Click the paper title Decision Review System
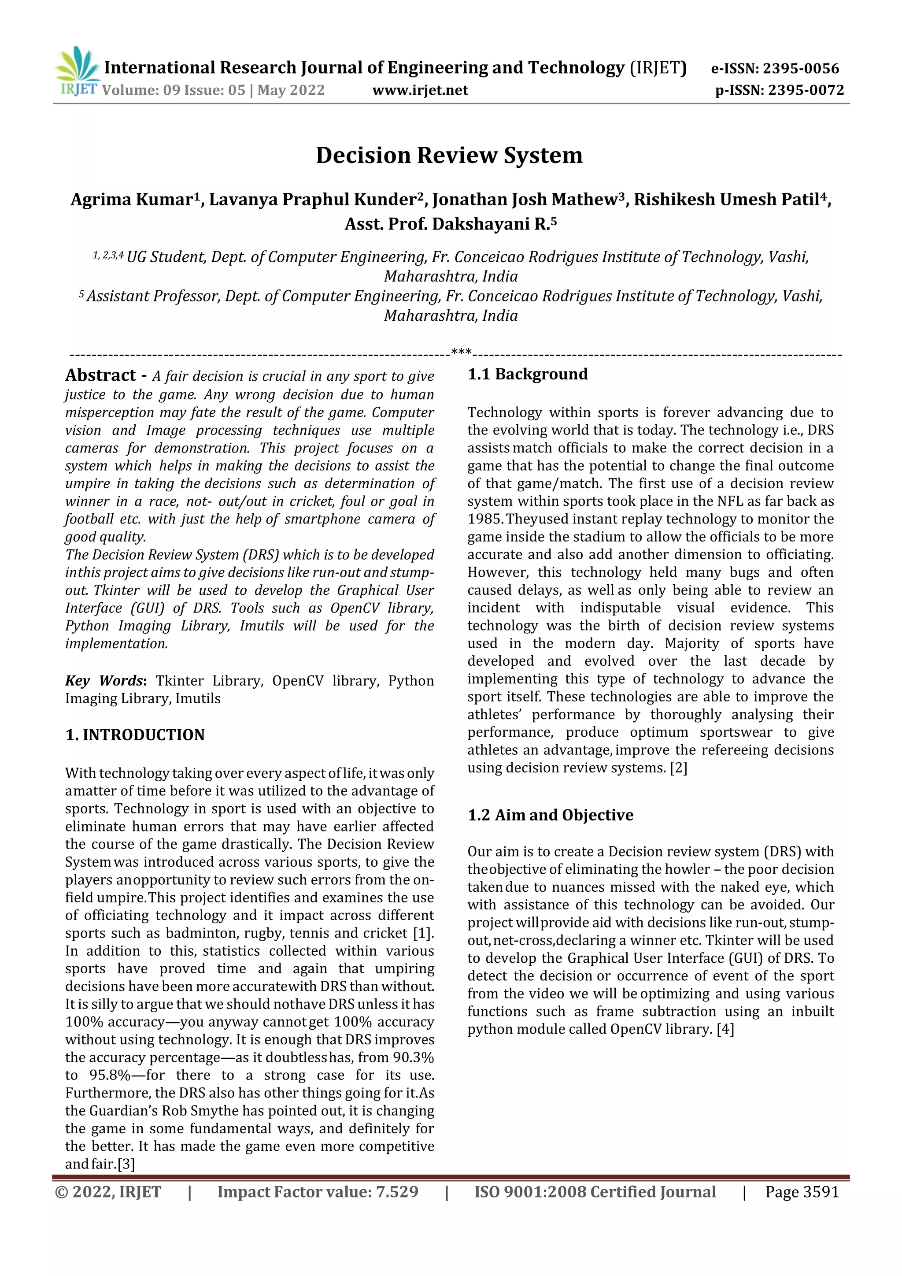tap(449, 156)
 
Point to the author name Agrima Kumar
tap(132, 200)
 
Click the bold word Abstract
tap(100, 376)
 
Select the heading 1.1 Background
tap(527, 374)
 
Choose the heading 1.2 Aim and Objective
tap(550, 815)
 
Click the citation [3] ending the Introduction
tap(126, 1164)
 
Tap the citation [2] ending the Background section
tap(678, 768)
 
